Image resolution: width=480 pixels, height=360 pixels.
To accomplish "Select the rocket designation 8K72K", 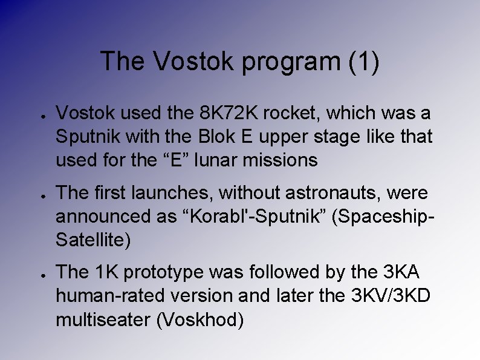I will [224, 113].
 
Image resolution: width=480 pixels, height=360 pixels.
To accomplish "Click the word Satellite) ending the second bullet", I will [92, 241].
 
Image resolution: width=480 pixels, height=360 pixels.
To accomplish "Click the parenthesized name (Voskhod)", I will [200, 320].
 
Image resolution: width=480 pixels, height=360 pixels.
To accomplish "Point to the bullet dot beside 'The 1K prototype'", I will [38, 274].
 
